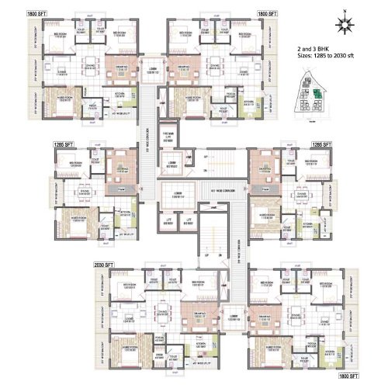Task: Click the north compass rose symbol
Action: click(x=342, y=25)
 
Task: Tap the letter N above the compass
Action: click(x=342, y=10)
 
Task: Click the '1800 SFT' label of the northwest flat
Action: click(x=35, y=13)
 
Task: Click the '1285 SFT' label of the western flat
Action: click(x=64, y=144)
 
